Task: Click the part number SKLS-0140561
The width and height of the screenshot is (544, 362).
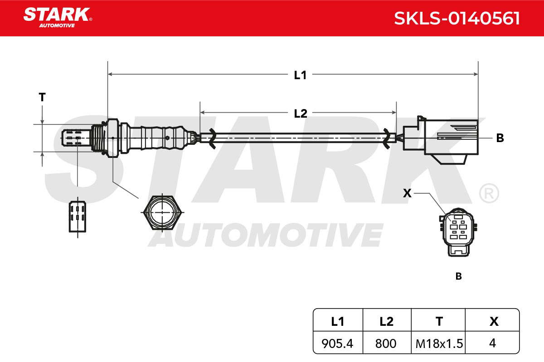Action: tap(457, 19)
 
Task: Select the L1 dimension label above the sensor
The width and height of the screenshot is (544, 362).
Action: tap(300, 75)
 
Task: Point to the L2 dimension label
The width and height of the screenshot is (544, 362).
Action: tap(301, 114)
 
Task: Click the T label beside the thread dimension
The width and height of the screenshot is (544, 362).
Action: tap(42, 97)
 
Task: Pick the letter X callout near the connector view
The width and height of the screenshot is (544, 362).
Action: tap(407, 193)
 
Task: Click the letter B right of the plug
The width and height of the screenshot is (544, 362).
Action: tap(500, 138)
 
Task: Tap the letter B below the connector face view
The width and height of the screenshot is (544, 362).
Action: tap(458, 276)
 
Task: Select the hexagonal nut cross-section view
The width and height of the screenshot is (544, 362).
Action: tap(162, 212)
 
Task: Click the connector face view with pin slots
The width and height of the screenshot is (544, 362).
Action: tap(458, 232)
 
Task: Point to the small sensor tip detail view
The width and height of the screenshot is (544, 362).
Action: tap(78, 216)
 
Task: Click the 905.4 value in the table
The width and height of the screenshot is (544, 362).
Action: tap(337, 343)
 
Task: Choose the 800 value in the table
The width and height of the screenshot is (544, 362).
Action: tap(386, 343)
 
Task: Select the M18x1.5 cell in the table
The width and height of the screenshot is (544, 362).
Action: tap(439, 343)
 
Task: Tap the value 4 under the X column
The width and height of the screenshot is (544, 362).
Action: tap(492, 343)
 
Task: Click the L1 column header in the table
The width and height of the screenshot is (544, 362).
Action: tap(338, 322)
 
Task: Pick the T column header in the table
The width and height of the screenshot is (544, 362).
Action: tap(439, 322)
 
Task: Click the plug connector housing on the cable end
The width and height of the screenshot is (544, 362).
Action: tap(441, 140)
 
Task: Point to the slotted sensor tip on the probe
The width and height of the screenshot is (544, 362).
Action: tap(76, 138)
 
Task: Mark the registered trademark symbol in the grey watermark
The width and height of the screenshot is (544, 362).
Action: tap(489, 194)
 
